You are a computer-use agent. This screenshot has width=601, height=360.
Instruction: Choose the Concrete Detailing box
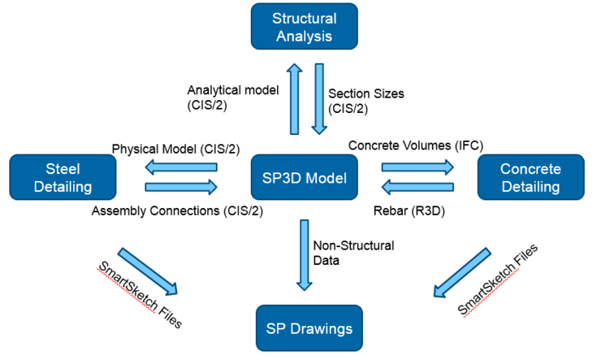coord(530,177)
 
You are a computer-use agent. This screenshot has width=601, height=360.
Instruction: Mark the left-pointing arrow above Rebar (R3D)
coord(417,188)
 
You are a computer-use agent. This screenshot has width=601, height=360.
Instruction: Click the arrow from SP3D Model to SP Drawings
coord(304,254)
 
